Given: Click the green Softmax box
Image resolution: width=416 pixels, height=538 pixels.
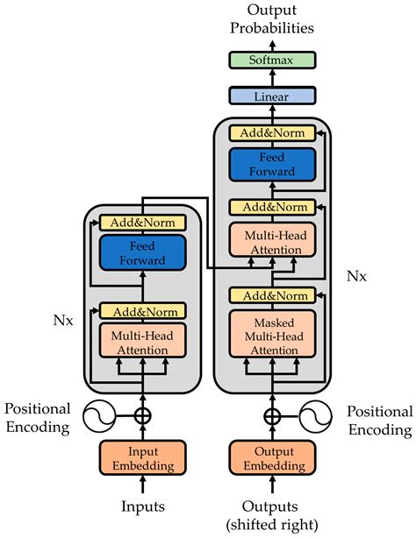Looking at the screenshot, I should click(273, 60).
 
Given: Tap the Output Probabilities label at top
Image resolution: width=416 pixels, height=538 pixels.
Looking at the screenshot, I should click(273, 18).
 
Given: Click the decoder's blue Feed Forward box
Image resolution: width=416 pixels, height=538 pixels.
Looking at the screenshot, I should click(273, 165).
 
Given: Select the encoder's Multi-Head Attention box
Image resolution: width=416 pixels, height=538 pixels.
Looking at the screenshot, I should click(142, 342).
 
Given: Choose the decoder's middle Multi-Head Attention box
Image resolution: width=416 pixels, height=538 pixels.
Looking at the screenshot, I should click(273, 241).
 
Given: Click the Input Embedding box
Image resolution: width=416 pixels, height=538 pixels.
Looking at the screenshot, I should click(142, 457).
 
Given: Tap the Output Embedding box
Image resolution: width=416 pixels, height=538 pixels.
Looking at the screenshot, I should click(273, 457).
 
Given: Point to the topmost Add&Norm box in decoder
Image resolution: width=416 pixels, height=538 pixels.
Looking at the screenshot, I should click(273, 133).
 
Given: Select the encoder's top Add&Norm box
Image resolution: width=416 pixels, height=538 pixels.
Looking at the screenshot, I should click(142, 223).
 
